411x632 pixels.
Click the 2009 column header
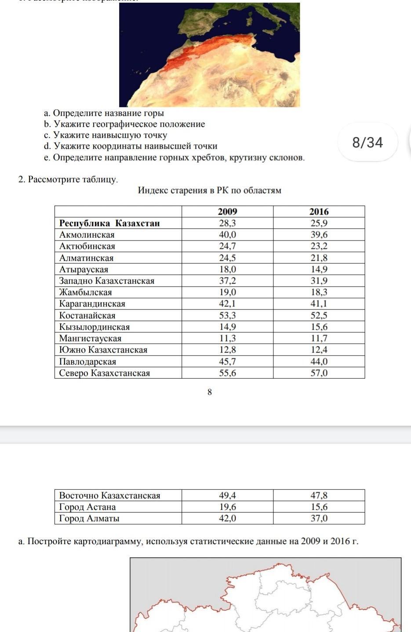click(227, 212)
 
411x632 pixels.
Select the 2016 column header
click(319, 212)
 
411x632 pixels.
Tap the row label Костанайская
click(87, 315)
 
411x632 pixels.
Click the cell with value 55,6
click(227, 373)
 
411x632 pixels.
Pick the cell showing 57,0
click(319, 373)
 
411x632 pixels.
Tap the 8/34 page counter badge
click(367, 143)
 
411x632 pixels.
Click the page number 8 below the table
click(210, 392)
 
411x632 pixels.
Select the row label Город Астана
click(87, 507)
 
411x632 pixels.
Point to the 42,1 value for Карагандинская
click(227, 304)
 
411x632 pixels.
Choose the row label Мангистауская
click(90, 338)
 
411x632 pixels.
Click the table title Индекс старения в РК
click(209, 190)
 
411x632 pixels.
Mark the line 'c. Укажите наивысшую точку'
click(105, 135)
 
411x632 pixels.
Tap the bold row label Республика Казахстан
click(109, 223)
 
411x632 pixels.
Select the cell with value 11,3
click(227, 338)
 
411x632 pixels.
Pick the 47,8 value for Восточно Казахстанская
click(319, 496)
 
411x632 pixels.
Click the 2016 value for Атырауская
click(319, 269)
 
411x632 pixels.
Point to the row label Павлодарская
click(87, 362)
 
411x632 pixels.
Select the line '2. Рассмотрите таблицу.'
click(68, 180)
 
